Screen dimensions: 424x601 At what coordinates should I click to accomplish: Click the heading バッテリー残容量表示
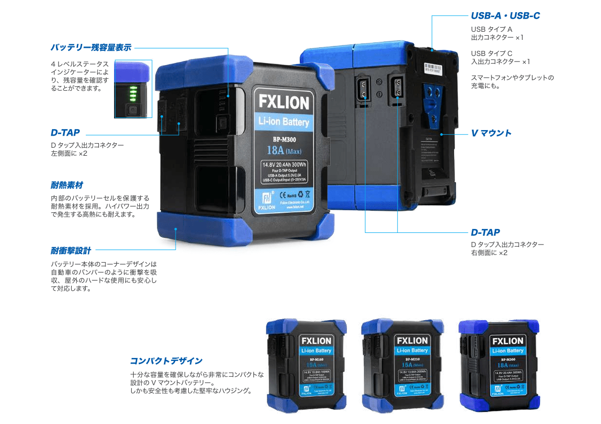point(91,48)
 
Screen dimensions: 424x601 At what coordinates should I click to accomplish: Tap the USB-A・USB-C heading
point(505,16)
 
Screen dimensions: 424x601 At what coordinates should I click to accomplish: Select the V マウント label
point(491,133)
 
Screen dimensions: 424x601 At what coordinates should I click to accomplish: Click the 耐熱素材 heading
point(67,186)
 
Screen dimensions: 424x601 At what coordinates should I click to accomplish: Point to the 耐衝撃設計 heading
point(71,250)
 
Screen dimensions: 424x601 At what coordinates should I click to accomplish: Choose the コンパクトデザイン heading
point(166,361)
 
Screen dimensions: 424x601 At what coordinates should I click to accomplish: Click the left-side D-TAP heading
point(65,133)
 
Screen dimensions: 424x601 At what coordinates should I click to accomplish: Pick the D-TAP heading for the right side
point(485,232)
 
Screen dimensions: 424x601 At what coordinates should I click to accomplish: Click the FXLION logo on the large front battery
point(284,102)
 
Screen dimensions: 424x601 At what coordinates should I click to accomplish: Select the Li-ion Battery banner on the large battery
point(284,122)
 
